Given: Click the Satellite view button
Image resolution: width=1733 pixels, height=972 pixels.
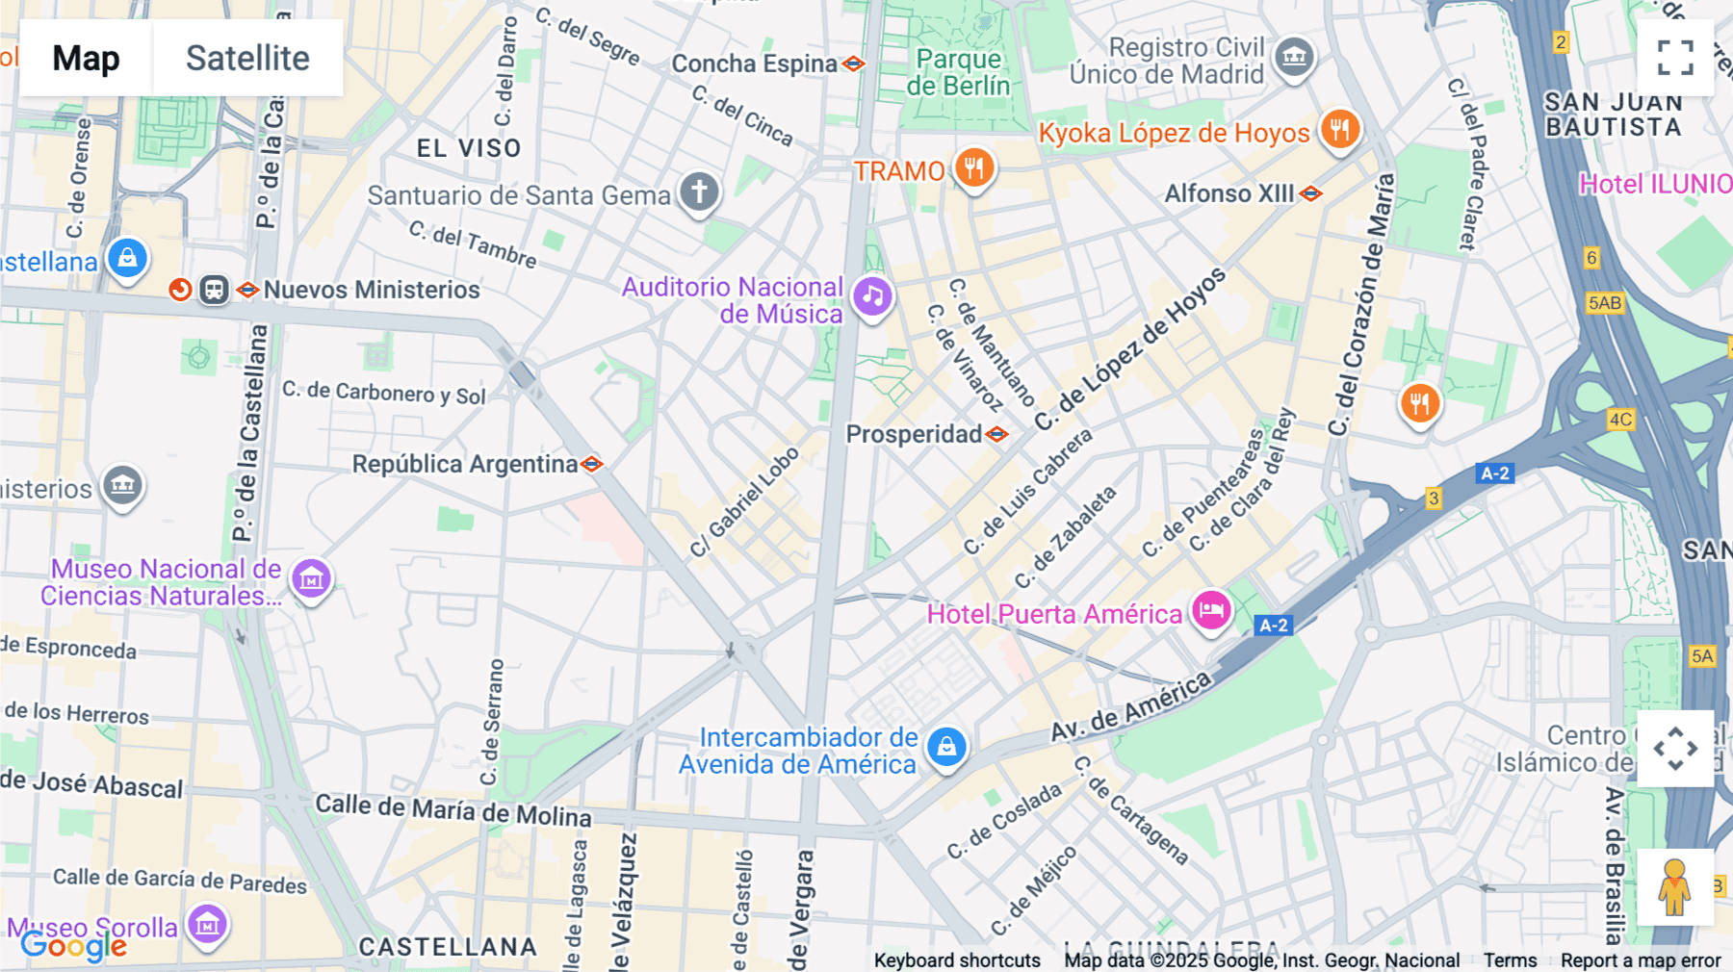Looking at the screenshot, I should [x=247, y=58].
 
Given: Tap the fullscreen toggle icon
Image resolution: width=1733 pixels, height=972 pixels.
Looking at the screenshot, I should [x=1675, y=58].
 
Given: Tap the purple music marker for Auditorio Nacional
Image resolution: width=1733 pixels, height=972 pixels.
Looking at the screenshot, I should [x=872, y=296].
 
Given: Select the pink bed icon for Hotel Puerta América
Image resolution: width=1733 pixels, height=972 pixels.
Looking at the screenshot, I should [x=1211, y=610].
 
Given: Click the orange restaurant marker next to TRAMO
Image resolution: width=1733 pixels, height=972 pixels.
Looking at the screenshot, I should [x=974, y=168].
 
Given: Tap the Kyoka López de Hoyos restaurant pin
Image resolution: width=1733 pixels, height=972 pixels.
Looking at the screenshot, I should [x=1339, y=128].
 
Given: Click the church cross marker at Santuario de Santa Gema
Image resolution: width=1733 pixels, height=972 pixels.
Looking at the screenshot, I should [x=699, y=192].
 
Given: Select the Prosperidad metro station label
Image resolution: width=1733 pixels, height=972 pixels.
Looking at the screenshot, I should [x=915, y=434].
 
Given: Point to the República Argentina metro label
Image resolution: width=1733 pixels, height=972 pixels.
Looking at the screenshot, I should [x=465, y=464].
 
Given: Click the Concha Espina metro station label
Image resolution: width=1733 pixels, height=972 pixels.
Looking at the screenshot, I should [x=755, y=64].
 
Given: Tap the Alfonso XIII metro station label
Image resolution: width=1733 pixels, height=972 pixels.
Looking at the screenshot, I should [x=1229, y=193].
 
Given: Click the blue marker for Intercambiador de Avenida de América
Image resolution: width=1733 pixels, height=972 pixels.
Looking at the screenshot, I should [x=946, y=747].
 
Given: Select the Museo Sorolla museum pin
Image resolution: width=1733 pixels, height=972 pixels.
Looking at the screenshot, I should [x=207, y=925].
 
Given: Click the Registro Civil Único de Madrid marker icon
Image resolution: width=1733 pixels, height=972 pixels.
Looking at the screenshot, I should [x=1294, y=58].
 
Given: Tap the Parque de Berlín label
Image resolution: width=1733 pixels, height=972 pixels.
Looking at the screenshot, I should [x=958, y=72].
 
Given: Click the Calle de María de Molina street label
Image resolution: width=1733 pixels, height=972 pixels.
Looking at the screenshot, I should [x=453, y=809].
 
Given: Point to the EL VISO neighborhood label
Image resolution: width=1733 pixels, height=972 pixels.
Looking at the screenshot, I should [x=469, y=148].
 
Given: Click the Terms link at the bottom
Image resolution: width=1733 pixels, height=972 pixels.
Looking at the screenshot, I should [x=1510, y=960].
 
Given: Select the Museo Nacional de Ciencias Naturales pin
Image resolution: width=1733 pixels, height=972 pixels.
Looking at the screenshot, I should [x=311, y=579].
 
